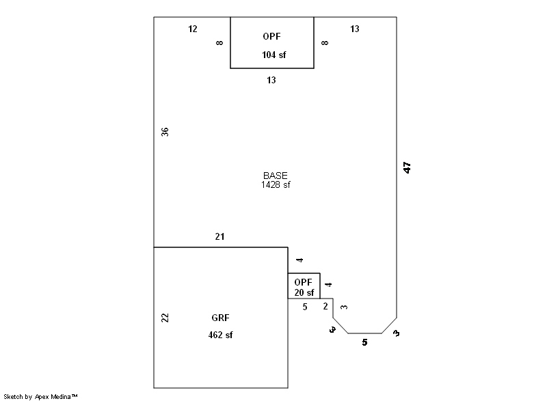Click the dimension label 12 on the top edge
point(193,29)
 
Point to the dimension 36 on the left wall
point(165,132)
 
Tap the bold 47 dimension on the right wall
point(407,167)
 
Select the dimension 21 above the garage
point(219,237)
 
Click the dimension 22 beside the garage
point(165,318)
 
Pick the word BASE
point(276,176)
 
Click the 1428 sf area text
point(276,184)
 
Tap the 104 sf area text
point(273,55)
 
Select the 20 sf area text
point(304,292)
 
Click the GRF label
point(220,318)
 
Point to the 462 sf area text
point(220,335)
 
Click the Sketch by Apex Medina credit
point(40,396)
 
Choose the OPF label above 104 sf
point(271,36)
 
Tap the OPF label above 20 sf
point(303,282)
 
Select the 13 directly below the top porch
point(271,80)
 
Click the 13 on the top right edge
point(355,29)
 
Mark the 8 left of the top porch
point(219,43)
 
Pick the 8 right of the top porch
point(325,43)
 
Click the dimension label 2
point(325,307)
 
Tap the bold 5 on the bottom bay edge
point(364,342)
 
